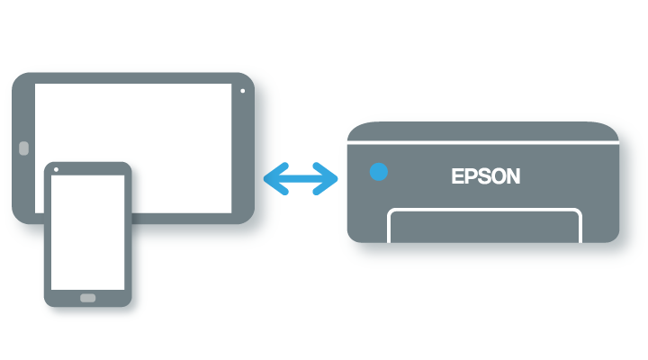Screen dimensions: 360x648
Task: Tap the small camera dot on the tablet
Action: coord(243,91)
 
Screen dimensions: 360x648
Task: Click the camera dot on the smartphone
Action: coord(57,169)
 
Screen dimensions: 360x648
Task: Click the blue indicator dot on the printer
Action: coord(379,172)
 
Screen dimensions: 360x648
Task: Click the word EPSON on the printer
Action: coord(485,176)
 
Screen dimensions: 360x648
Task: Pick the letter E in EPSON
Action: coord(457,176)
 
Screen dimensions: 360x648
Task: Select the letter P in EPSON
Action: coord(470,176)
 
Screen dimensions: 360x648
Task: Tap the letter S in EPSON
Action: coord(482,176)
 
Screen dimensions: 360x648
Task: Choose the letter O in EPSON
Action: coord(497,176)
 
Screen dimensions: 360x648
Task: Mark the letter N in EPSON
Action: coord(512,176)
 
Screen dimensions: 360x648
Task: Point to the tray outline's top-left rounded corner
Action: coord(391,213)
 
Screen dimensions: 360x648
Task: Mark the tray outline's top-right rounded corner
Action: coord(577,213)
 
